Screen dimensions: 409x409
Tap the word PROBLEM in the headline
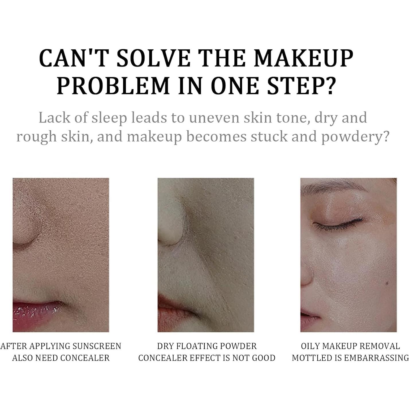(x=114, y=86)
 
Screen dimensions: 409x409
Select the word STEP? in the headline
(x=301, y=86)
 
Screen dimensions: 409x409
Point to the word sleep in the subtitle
(x=109, y=118)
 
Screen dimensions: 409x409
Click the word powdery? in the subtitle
(x=355, y=137)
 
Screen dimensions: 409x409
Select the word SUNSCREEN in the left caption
(x=97, y=346)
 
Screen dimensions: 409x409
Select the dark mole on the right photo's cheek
(x=387, y=283)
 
